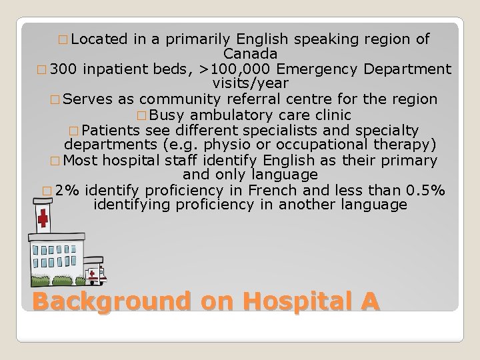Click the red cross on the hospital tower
[43, 219]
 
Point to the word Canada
[251, 54]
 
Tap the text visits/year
[250, 84]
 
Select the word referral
[257, 99]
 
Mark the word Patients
[111, 129]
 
